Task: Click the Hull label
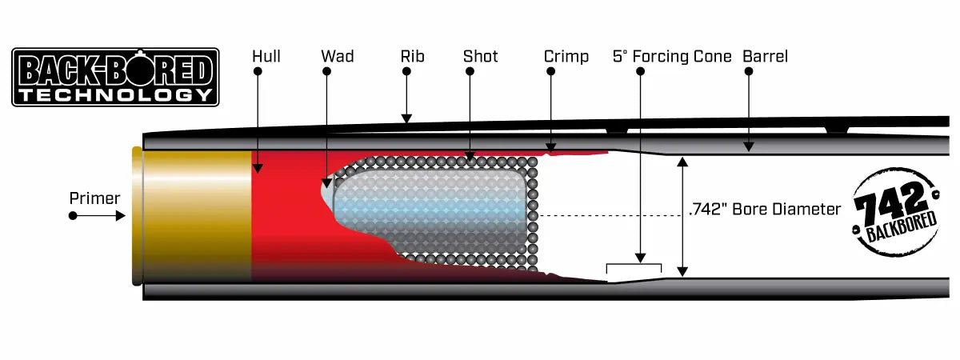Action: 266,56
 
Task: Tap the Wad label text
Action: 337,56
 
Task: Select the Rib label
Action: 412,56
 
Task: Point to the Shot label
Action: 480,56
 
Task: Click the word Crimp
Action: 566,56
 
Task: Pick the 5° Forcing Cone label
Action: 672,56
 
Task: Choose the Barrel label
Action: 765,56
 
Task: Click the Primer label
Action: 94,198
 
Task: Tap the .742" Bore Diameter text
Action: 764,210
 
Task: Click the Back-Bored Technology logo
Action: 115,77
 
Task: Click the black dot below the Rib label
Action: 406,71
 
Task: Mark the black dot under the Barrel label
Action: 749,71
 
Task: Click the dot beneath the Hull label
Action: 258,71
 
